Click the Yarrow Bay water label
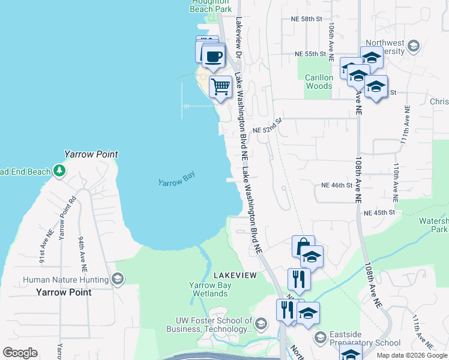coord(178,181)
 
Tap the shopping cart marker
coord(220,86)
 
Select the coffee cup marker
coord(214,57)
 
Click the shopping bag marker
coord(303,247)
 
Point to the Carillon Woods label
coord(318,82)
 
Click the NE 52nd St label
coord(267,130)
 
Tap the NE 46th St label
coord(336,185)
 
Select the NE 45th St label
coord(379,212)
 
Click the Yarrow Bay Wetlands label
coord(209,289)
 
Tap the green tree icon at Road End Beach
coord(59,172)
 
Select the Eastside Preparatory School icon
coord(321,338)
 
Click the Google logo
coord(20,353)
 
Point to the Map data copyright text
coord(412,355)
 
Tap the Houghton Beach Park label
coord(211,6)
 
